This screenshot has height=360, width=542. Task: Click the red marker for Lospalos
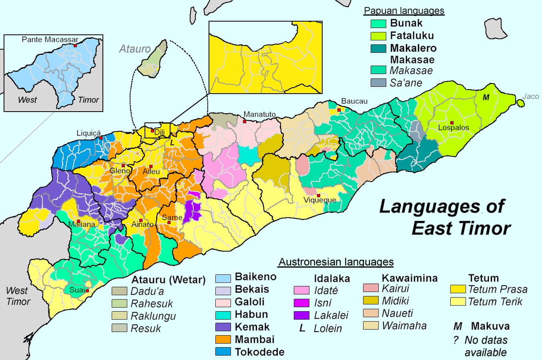click(x=452, y=122)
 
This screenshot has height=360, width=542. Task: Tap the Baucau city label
click(x=354, y=102)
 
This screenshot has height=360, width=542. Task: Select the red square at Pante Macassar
click(x=75, y=46)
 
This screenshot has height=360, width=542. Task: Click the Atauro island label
click(x=135, y=49)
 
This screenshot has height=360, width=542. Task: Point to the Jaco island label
click(x=530, y=96)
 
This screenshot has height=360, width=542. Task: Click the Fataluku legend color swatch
click(x=378, y=36)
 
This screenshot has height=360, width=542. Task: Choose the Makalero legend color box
click(x=378, y=48)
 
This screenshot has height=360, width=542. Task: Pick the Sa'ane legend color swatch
click(x=378, y=83)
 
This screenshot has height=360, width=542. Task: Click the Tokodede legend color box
click(x=223, y=352)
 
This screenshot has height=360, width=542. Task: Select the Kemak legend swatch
click(x=223, y=327)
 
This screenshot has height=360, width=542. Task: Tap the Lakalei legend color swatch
click(x=301, y=315)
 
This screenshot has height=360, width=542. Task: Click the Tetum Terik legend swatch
click(x=458, y=301)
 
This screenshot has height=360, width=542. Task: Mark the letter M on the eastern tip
click(x=486, y=98)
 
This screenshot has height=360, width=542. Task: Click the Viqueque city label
click(x=319, y=200)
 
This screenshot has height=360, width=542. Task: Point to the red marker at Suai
click(x=87, y=291)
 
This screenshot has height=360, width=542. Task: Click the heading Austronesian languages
click(x=336, y=262)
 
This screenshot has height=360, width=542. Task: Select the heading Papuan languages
click(x=404, y=11)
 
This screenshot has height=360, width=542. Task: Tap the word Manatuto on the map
click(x=259, y=114)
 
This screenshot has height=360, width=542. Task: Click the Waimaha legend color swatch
click(x=371, y=325)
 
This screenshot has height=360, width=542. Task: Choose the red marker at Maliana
click(x=79, y=221)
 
